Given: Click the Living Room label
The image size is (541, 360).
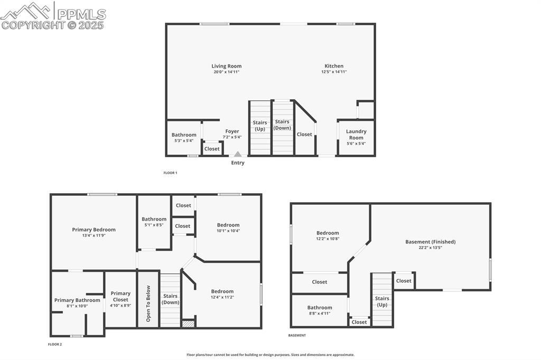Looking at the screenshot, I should (x=227, y=67).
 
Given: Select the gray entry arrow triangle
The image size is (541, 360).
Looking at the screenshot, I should (x=238, y=154).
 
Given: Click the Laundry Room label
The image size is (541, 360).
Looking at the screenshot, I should (x=356, y=135).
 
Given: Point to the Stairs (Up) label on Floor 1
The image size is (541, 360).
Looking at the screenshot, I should (x=260, y=126).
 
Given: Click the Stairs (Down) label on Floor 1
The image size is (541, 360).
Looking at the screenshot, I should (x=282, y=125).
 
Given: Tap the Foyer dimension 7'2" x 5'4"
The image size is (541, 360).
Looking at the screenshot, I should (x=232, y=137).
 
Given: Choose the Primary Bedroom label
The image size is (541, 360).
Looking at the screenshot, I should (x=94, y=230).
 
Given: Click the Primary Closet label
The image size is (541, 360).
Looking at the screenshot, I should (x=120, y=297).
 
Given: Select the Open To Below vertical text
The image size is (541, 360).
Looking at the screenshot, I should (x=148, y=304).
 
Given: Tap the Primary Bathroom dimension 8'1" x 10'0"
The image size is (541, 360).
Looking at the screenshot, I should (x=77, y=306).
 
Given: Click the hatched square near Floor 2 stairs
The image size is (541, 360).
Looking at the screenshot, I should (x=188, y=324).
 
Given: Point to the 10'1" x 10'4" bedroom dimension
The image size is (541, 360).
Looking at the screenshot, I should (x=228, y=231).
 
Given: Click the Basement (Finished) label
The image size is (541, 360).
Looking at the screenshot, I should (x=430, y=242).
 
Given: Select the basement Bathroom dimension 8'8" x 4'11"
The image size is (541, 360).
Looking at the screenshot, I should (x=320, y=313).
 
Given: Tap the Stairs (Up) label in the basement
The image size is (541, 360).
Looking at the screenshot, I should (x=382, y=301).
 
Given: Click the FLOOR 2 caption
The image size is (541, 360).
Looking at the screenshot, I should (x=54, y=344).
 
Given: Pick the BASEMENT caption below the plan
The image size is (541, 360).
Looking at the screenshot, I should (x=297, y=335).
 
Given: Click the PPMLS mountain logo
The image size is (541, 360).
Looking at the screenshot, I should (x=26, y=11).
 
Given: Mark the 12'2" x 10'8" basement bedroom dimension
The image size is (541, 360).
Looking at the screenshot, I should (x=328, y=239).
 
